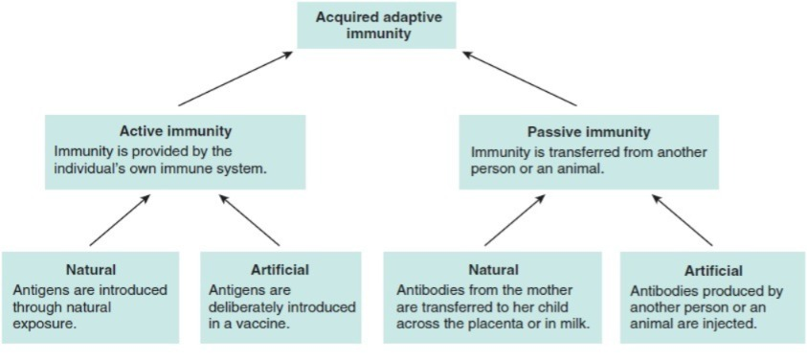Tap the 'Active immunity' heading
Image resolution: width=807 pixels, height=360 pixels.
pos(175,131)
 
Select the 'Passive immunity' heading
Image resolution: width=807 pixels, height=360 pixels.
pos(589,132)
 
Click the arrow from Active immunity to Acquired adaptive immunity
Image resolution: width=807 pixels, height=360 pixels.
pos(235,79)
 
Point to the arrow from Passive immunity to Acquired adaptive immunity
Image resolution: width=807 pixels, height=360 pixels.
pos(519,79)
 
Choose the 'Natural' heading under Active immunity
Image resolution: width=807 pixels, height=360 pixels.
pos(91,269)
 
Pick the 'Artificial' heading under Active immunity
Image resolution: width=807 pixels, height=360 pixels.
pos(280,269)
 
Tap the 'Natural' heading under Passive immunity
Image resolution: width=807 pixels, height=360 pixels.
pos(493,269)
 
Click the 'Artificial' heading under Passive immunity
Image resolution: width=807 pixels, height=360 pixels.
pos(713,271)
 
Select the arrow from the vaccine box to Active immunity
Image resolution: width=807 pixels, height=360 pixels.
pos(250,220)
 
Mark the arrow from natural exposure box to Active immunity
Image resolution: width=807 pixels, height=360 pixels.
pos(120,220)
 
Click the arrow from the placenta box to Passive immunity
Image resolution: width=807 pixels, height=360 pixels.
pos(515,220)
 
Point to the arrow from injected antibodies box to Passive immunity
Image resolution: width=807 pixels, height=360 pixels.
pos(683,220)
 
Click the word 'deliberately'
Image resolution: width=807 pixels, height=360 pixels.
pos(250,308)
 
